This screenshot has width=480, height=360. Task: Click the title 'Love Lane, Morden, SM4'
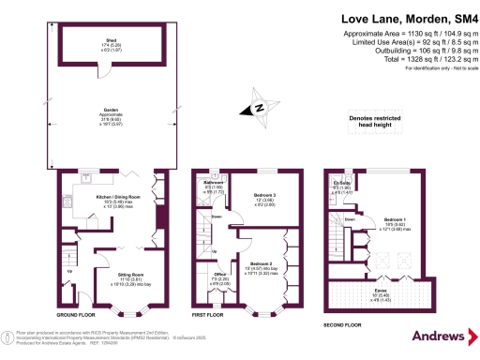tap(405, 18)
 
